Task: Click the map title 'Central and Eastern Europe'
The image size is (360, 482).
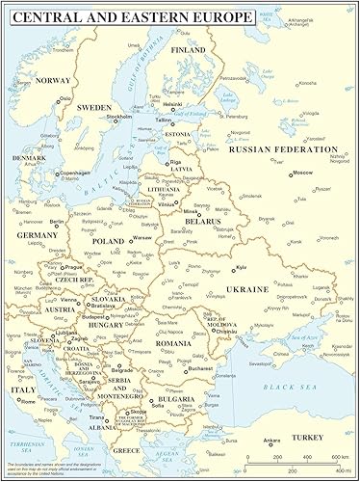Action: coord(131,17)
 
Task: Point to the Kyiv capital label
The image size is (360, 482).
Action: coord(243,266)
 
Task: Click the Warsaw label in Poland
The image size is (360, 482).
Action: coord(142,236)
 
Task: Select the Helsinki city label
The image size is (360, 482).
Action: coord(172,104)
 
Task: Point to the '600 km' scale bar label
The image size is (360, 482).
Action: coord(339,457)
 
